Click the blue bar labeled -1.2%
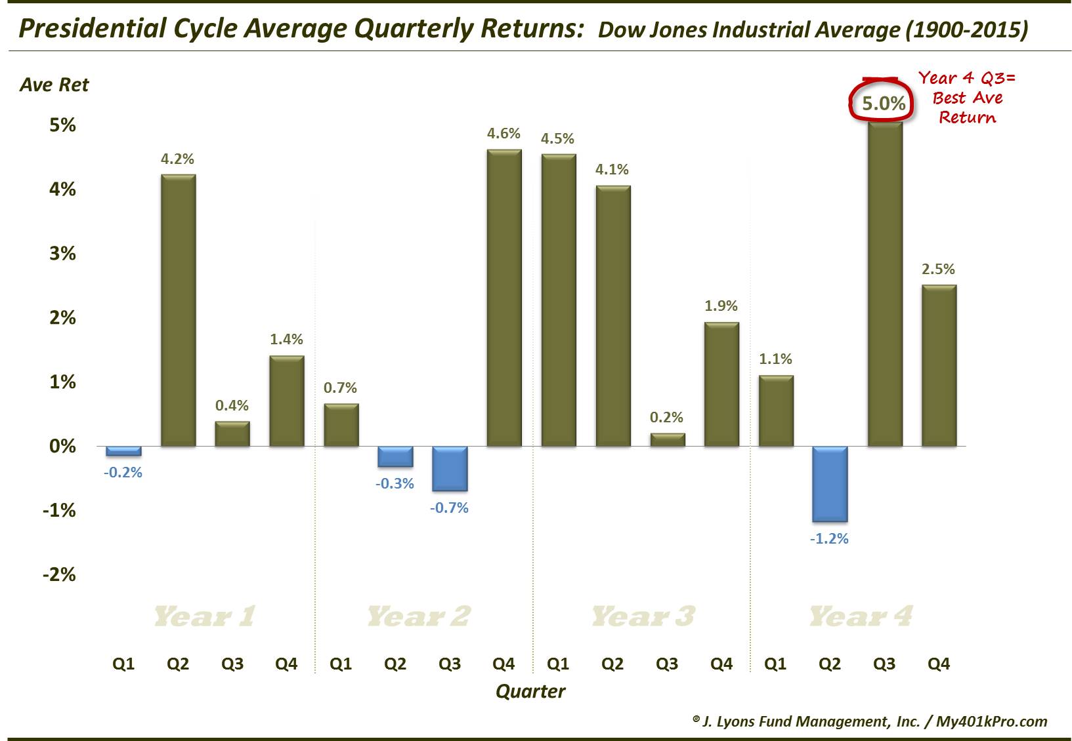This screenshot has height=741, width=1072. coord(830,484)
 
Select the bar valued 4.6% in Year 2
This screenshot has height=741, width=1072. coord(504,298)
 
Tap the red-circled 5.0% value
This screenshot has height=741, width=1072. coord(883,104)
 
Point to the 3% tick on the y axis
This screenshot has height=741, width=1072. coord(62,254)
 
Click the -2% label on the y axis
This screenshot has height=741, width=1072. coord(59,575)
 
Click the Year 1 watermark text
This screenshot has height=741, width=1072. coord(204,616)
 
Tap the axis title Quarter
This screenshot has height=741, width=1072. coord(530,691)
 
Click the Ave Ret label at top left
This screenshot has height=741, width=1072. coord(54,85)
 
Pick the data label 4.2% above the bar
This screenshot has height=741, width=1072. coord(177,159)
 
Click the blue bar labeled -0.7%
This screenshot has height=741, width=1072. coord(449,468)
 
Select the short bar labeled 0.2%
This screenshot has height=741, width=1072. coord(667,440)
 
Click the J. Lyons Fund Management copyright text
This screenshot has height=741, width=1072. coord(869,721)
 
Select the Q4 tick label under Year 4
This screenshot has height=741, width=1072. coord(938,664)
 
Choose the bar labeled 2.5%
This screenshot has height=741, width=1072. coord(938,365)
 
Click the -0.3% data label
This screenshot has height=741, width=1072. coord(395,484)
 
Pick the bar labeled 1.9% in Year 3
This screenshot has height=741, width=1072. coord(721,384)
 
